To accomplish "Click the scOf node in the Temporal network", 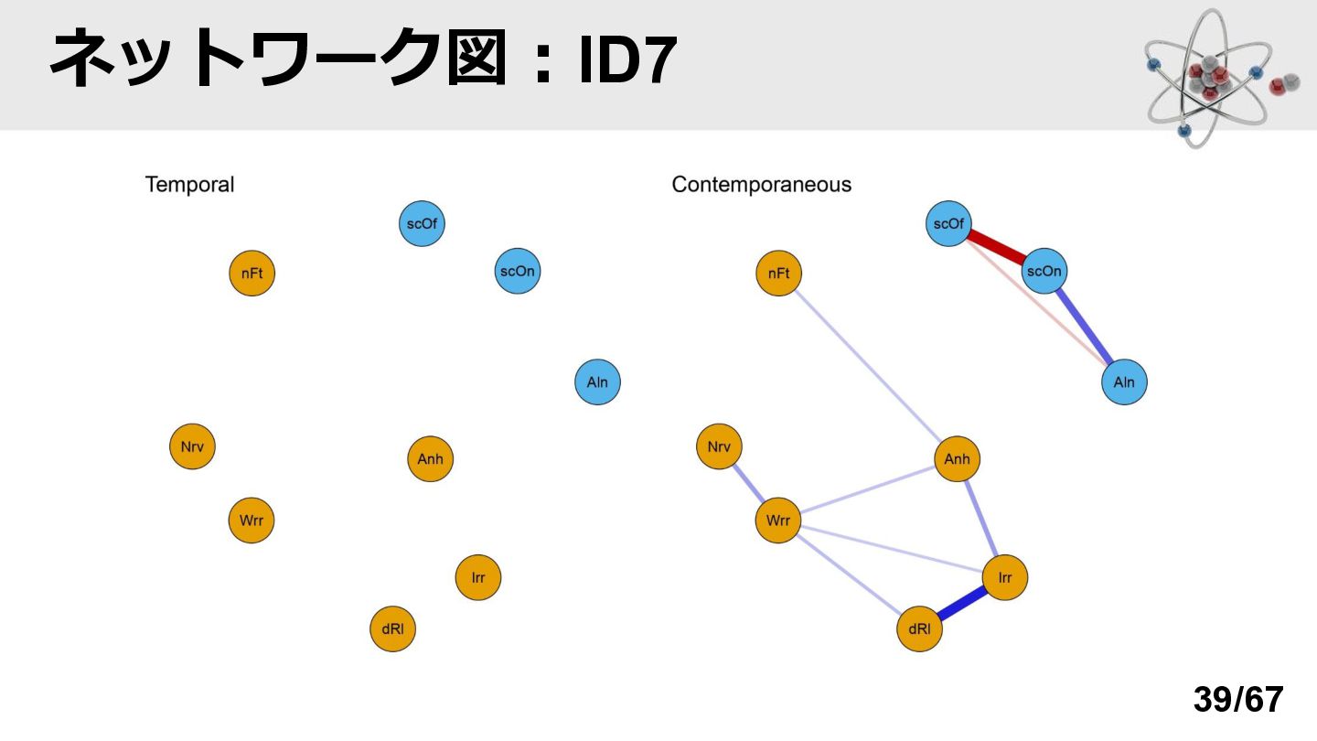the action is click(x=422, y=223).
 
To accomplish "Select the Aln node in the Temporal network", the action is click(x=597, y=382).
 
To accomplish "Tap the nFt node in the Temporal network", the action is click(x=252, y=274).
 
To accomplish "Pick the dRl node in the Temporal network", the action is click(x=392, y=629).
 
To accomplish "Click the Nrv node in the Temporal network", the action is click(x=192, y=446).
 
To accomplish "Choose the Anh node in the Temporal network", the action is click(x=431, y=458).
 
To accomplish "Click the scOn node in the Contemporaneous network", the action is click(x=1044, y=271).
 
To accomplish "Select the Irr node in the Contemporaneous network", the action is click(x=1005, y=577).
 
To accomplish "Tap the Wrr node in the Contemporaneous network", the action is click(x=777, y=521).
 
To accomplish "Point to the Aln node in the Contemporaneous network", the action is click(x=1124, y=382).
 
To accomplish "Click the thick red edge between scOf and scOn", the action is click(x=997, y=247).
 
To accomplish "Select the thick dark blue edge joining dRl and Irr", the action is click(x=962, y=604).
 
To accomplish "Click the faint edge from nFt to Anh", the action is click(x=868, y=366).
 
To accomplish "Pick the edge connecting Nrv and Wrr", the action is click(x=748, y=483).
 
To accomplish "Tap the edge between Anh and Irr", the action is click(x=980, y=518).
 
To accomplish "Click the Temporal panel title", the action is click(x=189, y=185).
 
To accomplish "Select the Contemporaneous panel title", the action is click(x=761, y=185).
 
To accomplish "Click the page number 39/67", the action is click(x=1238, y=699).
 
